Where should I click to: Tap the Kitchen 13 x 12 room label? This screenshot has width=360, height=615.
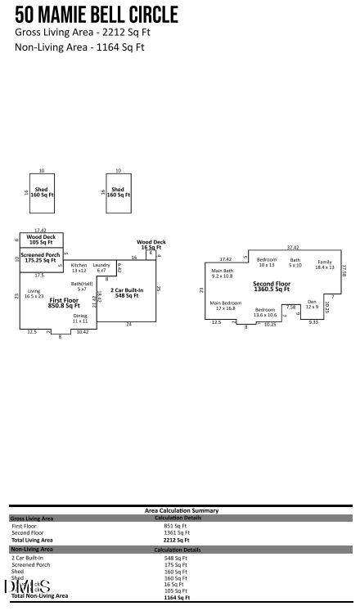(x=79, y=267)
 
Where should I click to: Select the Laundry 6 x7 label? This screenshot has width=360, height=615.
(x=101, y=267)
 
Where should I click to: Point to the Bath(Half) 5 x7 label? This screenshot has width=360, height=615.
(x=82, y=286)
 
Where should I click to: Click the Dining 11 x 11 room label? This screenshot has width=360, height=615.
(x=80, y=318)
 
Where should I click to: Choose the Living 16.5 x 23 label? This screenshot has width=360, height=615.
(x=34, y=293)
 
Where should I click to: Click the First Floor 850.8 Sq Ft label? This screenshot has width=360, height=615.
(x=64, y=303)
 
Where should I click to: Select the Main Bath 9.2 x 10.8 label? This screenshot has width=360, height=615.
(x=223, y=273)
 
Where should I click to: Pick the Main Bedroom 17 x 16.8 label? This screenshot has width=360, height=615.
(x=225, y=305)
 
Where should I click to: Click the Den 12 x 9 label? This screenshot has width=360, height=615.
(x=312, y=304)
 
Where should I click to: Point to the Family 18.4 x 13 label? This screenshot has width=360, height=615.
(x=325, y=264)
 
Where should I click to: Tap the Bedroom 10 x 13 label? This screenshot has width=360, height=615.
(x=267, y=262)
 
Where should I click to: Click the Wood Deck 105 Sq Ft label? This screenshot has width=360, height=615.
(x=41, y=240)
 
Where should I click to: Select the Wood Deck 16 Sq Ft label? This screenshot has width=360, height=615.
(x=151, y=244)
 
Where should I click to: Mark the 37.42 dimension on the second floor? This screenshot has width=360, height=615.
(x=292, y=247)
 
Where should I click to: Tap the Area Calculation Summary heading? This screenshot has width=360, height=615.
(x=181, y=510)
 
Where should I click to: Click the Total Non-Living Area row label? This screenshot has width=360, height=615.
(x=39, y=596)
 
